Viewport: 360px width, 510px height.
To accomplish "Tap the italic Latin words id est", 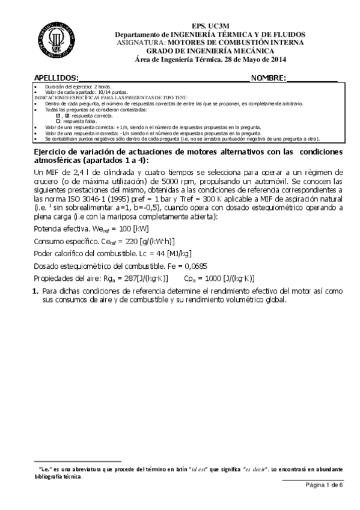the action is click(x=180, y=468).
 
